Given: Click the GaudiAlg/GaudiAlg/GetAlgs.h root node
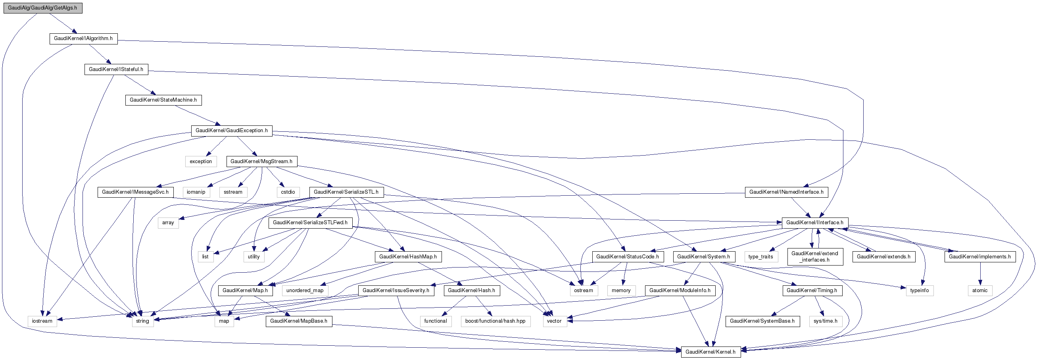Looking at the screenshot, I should (x=43, y=8).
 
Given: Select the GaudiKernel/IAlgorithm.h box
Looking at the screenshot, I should (x=83, y=39).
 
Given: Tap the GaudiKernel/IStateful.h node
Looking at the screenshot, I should (x=116, y=69).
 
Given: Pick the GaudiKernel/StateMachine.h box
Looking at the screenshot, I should (x=163, y=100).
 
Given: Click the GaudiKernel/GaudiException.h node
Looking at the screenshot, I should (x=231, y=131).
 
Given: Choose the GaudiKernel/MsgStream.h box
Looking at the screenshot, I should (x=261, y=162).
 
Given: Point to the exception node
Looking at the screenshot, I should (x=200, y=162).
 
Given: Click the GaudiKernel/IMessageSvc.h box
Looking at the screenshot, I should (x=135, y=192).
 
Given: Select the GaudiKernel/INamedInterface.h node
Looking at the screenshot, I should (x=786, y=192).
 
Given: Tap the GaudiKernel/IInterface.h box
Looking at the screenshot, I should (x=815, y=223).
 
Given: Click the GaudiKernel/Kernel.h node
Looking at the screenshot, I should (x=711, y=352).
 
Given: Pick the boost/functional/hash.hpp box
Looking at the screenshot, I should (x=495, y=321).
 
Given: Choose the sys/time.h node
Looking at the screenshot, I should (x=825, y=321).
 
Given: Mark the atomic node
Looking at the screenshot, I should (x=980, y=290).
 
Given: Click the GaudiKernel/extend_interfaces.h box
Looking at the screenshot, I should (x=815, y=256).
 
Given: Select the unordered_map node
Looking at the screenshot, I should (x=305, y=290).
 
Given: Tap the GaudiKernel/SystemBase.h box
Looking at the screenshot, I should (x=762, y=321).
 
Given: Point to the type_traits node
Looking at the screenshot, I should (x=761, y=257).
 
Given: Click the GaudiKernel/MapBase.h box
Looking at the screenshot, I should (x=299, y=321).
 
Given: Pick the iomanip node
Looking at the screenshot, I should (x=196, y=192).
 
